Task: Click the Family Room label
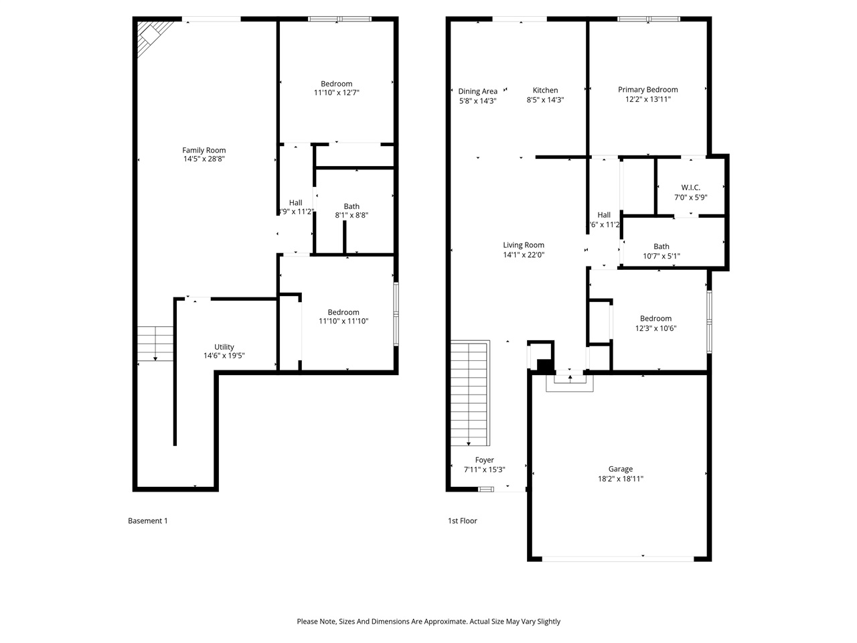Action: pos(204,150)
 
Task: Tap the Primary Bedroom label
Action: pos(647,90)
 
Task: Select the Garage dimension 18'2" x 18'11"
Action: pos(621,479)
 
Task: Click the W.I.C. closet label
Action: pos(690,188)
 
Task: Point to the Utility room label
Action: pos(224,347)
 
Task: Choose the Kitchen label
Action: pos(545,90)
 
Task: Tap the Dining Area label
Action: pos(477,91)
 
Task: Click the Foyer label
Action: pos(484,460)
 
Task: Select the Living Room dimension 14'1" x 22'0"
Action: pos(524,255)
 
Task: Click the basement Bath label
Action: pos(352,206)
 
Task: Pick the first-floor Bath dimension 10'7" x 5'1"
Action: pos(661,256)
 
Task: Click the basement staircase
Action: pos(155,344)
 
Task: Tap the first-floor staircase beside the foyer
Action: pos(469,393)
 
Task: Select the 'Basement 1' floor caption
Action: pos(147,520)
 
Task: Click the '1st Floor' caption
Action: pos(462,520)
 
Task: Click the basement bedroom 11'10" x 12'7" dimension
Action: pos(337,93)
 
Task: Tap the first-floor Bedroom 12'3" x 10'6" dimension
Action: pos(655,328)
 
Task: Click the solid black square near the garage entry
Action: pos(545,366)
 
